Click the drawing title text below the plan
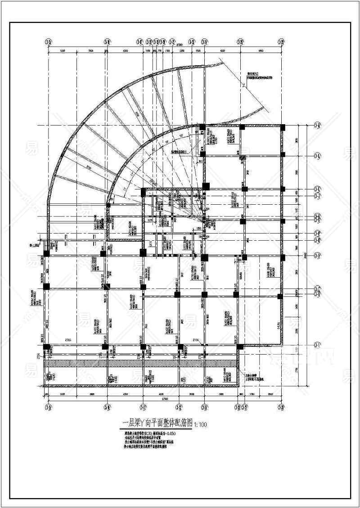tap(158, 423)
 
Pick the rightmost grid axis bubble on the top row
tap(282, 42)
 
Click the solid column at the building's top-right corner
tap(282, 127)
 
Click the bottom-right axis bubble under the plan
tap(282, 407)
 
